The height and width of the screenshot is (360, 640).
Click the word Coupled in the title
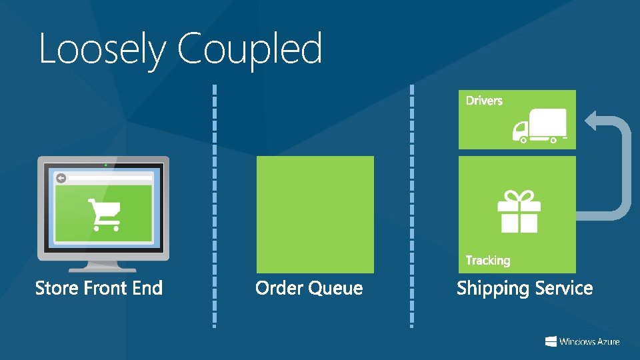click(250, 49)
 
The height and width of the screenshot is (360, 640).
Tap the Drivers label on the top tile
click(484, 101)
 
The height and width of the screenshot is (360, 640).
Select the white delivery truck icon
click(539, 126)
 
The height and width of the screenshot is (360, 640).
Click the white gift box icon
click(519, 211)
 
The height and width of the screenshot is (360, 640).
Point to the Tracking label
click(488, 260)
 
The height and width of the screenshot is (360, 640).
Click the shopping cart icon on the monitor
click(105, 214)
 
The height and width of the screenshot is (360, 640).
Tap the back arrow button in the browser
click(61, 178)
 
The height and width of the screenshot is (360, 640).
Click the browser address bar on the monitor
click(110, 178)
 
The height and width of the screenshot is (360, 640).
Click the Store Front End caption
click(99, 288)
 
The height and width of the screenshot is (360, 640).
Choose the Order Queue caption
click(309, 288)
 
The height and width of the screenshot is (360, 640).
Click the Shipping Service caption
click(525, 288)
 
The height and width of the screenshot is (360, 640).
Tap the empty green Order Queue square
click(315, 214)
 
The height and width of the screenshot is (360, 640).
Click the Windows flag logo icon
click(551, 341)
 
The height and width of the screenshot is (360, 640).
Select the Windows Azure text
click(589, 341)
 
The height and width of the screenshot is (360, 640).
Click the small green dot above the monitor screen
click(105, 163)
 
